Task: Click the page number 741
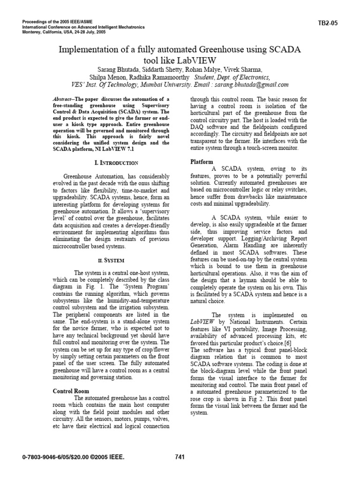(x=180, y=457)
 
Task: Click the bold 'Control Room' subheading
(x=71, y=391)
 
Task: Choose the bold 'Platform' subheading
(x=202, y=162)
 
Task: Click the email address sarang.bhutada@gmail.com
(x=252, y=85)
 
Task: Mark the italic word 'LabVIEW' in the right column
(x=201, y=322)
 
